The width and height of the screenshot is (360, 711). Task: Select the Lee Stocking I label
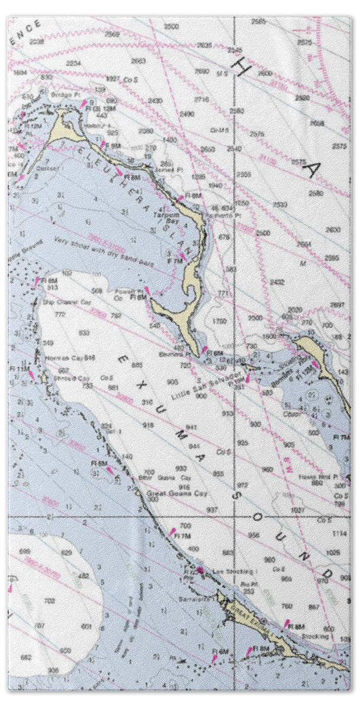(224, 571)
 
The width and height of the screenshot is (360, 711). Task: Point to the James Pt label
(162, 169)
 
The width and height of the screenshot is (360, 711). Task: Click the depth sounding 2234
(73, 63)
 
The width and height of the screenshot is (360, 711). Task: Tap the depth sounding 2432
(277, 283)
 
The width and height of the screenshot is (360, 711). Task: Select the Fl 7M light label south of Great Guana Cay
(183, 536)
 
